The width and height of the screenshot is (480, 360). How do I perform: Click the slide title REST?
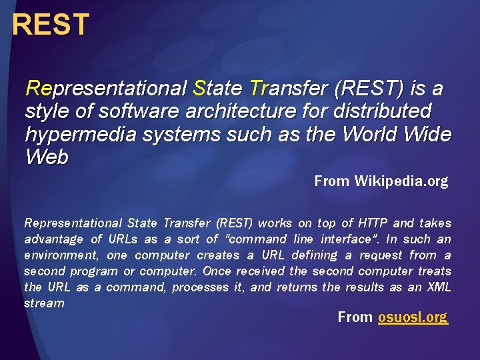point(50,25)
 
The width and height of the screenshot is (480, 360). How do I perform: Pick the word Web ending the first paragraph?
point(47,157)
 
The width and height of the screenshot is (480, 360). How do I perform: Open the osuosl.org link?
point(412,317)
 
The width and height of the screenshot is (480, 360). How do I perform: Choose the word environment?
point(56,255)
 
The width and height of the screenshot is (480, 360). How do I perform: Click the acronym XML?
point(439,287)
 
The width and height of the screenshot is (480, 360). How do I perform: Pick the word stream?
point(44,303)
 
